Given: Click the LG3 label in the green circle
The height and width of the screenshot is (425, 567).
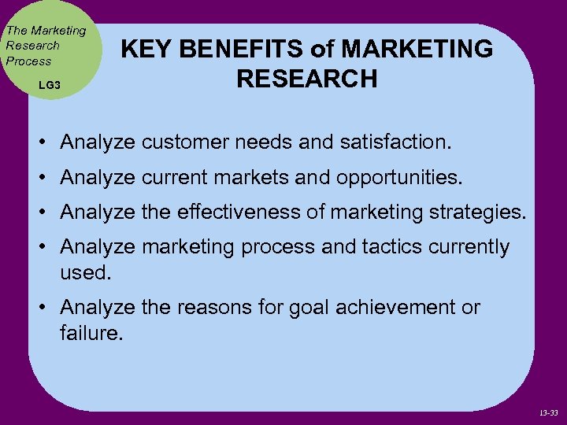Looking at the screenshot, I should [49, 83].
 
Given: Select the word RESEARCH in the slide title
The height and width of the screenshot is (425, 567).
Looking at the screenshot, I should [306, 79].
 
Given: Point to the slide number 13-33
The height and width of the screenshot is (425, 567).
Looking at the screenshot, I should [550, 411].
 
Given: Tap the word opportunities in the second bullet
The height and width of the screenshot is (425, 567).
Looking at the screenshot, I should [398, 178].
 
